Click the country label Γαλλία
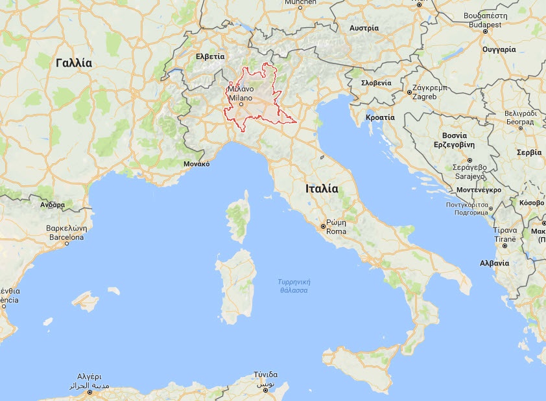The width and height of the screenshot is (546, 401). [74, 63]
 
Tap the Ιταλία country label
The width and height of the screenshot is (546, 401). [322, 189]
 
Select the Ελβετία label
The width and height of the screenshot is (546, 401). [209, 56]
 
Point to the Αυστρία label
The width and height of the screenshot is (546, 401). [364, 29]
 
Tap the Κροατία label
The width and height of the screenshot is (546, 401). [380, 117]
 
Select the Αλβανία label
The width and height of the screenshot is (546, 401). [494, 263]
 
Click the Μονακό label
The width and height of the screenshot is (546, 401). [196, 164]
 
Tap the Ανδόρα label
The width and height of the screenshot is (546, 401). [53, 205]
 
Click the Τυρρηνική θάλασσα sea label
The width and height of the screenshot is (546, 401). [294, 286]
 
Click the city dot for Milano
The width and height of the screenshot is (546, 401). [241, 103]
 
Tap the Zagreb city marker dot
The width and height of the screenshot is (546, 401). [410, 92]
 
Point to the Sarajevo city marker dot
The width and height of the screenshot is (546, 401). [469, 159]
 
